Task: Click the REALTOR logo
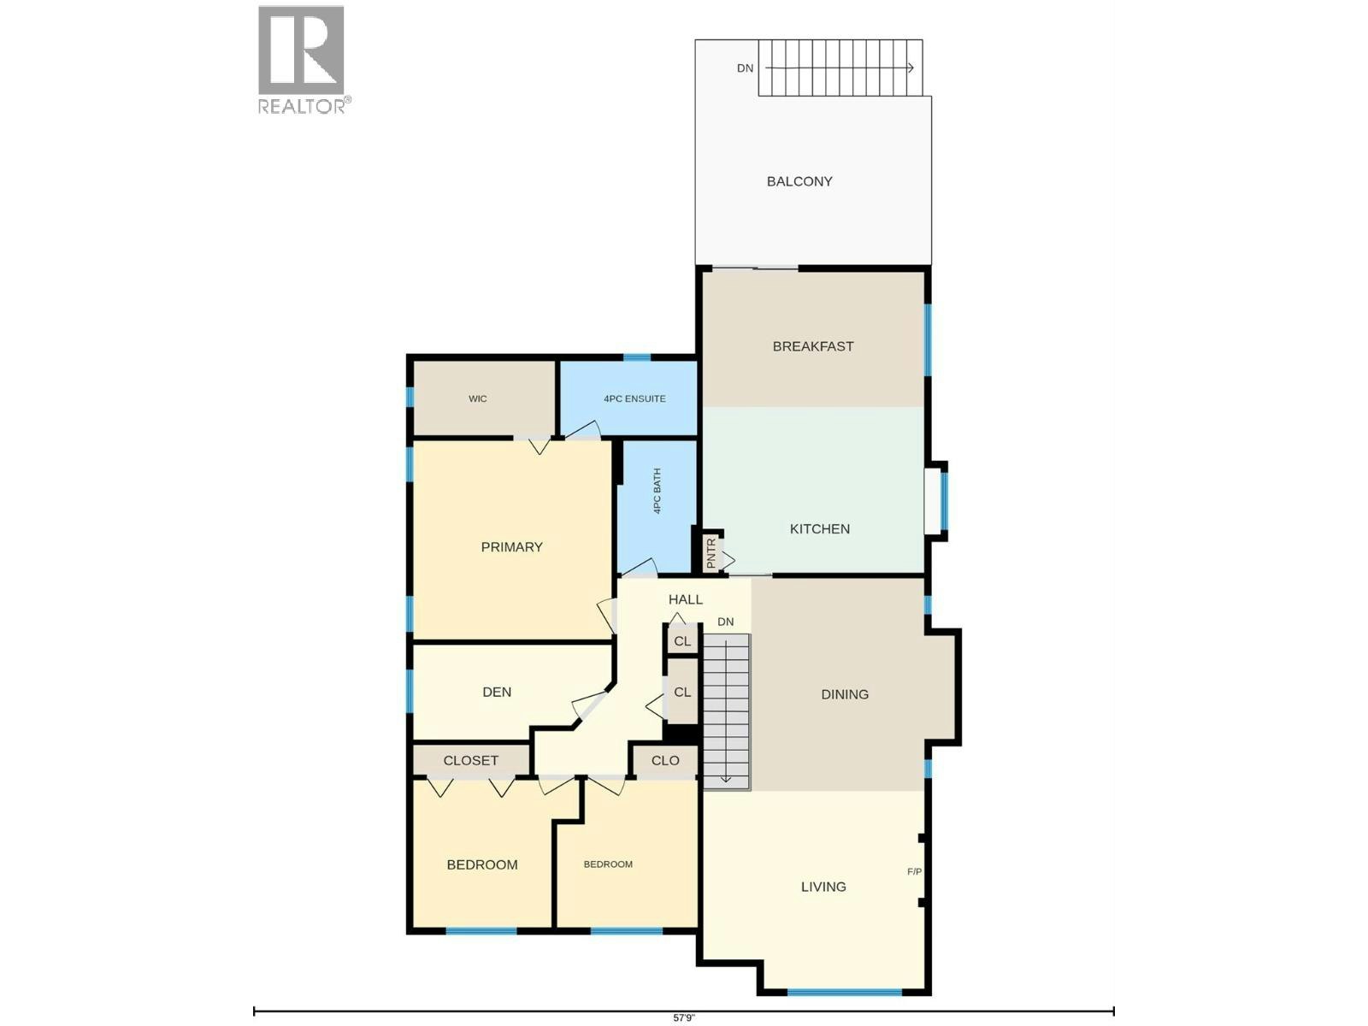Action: pyautogui.click(x=304, y=60)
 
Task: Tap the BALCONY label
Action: pyautogui.click(x=799, y=181)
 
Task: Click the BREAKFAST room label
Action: pyautogui.click(x=813, y=346)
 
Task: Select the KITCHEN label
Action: pyautogui.click(x=820, y=529)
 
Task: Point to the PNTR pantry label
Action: pyautogui.click(x=711, y=553)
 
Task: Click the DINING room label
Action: pyautogui.click(x=845, y=694)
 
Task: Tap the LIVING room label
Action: pyautogui.click(x=823, y=887)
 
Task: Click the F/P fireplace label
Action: pyautogui.click(x=914, y=871)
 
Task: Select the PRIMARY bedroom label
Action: pyautogui.click(x=511, y=547)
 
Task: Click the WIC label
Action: pyautogui.click(x=478, y=398)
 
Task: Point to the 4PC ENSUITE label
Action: pyautogui.click(x=634, y=398)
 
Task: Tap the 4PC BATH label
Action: pyautogui.click(x=657, y=491)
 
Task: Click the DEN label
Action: pyautogui.click(x=497, y=692)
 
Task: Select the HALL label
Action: pyautogui.click(x=686, y=599)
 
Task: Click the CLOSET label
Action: pyautogui.click(x=470, y=761)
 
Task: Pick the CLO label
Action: pyautogui.click(x=665, y=761)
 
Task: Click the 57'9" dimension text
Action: pyautogui.click(x=684, y=1018)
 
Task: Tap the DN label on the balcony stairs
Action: pyautogui.click(x=746, y=68)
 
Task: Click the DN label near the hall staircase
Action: pyautogui.click(x=725, y=622)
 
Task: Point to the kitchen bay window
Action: pyautogui.click(x=937, y=502)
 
